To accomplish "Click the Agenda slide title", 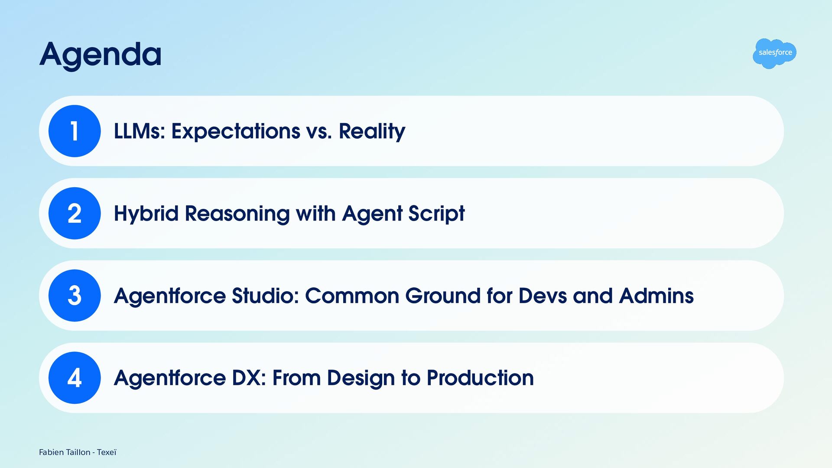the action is pos(101,55).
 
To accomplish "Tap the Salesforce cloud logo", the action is pos(774,53).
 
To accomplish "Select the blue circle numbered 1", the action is pos(75,131).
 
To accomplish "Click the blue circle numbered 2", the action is pos(75,213).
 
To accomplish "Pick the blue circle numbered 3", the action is pos(75,296).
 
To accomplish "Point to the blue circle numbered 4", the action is pos(75,378).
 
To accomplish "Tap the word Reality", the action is pos(372,132).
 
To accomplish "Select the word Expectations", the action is pos(236,132).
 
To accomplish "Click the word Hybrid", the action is pos(146,213).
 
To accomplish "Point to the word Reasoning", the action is pos(237,214).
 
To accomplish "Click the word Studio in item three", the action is pos(266,296).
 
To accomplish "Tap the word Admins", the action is pos(656,296).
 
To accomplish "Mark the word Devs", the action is pos(543,296).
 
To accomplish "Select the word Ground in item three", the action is pos(443,296).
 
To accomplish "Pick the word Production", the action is pos(480,378).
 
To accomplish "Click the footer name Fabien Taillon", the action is pos(65,452).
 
